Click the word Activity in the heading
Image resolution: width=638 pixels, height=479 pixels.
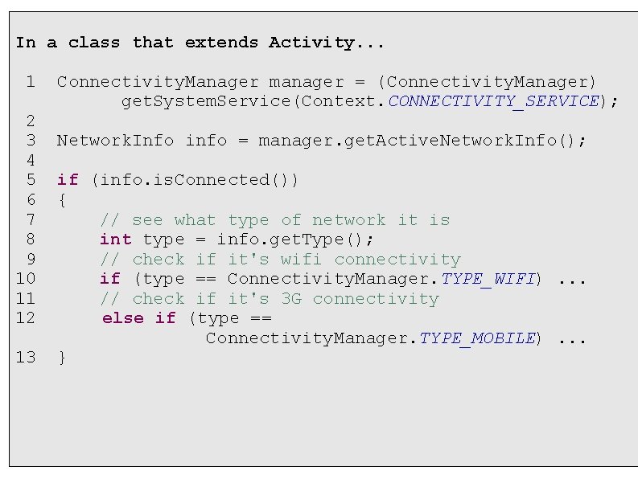315,43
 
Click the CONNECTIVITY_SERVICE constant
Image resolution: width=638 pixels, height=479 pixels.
494,101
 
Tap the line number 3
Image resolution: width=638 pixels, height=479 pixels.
30,141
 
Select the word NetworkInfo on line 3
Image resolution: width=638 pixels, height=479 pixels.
115,141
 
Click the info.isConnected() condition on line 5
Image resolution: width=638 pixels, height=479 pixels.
196,180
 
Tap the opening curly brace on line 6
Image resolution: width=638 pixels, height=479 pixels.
62,200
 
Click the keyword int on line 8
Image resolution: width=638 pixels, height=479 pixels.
115,239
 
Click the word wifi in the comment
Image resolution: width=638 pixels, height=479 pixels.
301,260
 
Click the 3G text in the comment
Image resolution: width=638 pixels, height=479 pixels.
291,299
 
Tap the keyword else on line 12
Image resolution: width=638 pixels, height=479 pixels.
123,318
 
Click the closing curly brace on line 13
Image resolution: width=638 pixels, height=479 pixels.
62,358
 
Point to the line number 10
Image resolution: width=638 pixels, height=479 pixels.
26,279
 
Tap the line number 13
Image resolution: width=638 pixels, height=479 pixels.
26,358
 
